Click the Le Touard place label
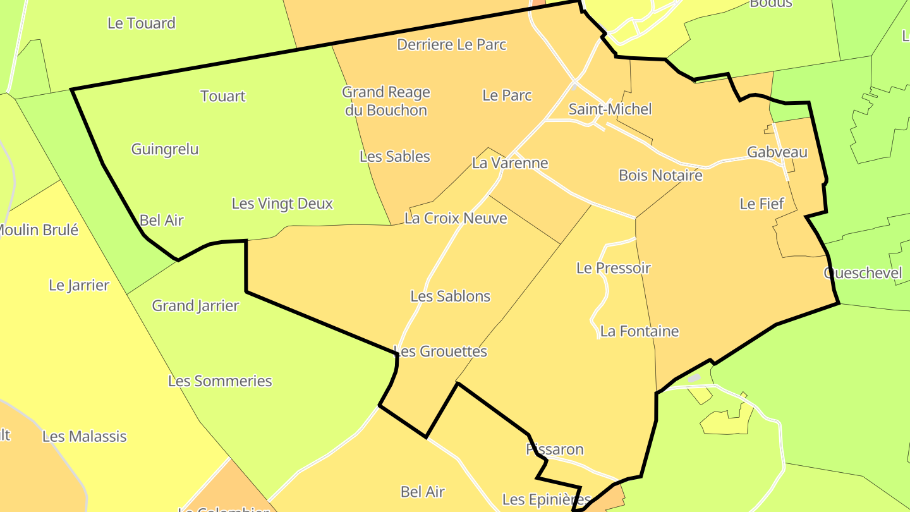coord(142,23)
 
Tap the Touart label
coord(223,96)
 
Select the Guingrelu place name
coord(165,149)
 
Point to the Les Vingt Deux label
coord(282,204)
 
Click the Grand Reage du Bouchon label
coord(385,101)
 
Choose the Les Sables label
coord(395,157)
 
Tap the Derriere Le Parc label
coord(452,45)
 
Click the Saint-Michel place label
coord(610,109)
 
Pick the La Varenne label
coord(510,163)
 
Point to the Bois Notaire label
coord(660,175)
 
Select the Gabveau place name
coord(777,152)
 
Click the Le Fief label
coord(761,204)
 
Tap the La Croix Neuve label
coord(456,218)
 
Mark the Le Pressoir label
coord(613,268)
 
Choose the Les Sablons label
coord(451,296)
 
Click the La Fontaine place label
coord(640,331)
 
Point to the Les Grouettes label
coord(440,351)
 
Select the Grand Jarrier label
coord(195,306)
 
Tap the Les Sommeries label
coord(220,381)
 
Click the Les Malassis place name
coord(85,436)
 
